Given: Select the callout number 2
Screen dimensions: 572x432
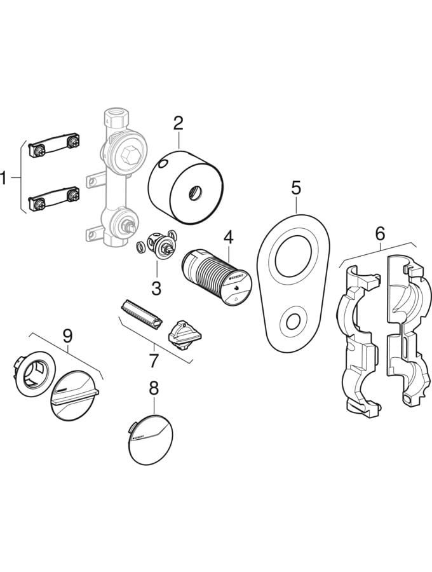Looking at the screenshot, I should coord(179,122).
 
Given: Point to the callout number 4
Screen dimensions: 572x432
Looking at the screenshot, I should coord(228,238).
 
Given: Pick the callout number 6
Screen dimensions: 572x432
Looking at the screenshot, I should coord(379,234).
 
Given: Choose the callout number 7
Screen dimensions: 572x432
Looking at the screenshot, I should coord(153,360).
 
